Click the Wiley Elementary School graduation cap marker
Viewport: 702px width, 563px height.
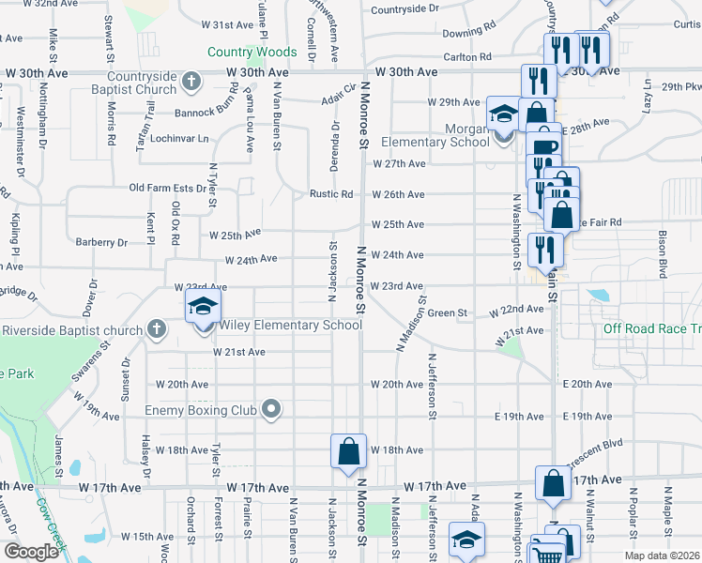point(202,307)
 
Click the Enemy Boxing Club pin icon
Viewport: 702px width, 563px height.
point(271,409)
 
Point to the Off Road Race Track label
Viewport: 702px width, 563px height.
point(652,328)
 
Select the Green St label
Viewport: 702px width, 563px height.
point(448,312)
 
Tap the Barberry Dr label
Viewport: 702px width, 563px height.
point(102,242)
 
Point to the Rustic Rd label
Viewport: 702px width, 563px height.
point(332,195)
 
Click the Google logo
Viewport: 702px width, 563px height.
point(31,552)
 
